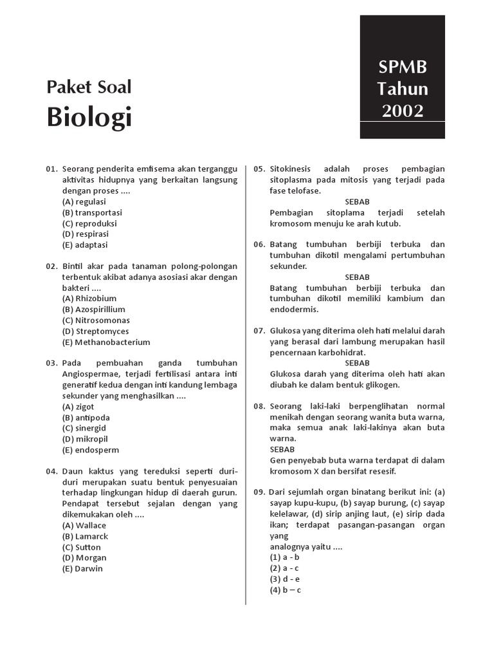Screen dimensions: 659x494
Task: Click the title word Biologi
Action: [x=89, y=118]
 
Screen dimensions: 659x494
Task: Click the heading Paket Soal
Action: [x=89, y=87]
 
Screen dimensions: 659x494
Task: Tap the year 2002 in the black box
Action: [x=402, y=111]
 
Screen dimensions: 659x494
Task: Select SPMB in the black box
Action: [x=402, y=68]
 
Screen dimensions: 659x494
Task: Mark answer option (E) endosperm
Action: [x=91, y=450]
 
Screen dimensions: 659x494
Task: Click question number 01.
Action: [x=51, y=169]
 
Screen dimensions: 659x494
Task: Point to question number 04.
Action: [x=51, y=471]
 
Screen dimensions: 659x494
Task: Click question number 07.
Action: [x=259, y=331]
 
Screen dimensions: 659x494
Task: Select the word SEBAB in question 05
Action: [x=357, y=201]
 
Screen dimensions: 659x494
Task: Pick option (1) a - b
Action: [x=285, y=557]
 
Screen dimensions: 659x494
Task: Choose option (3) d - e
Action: [x=285, y=579]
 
